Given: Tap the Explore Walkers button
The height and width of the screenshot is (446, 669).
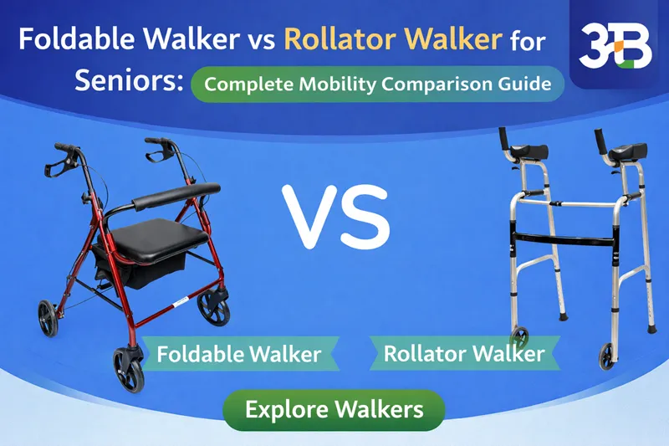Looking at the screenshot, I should [334, 410].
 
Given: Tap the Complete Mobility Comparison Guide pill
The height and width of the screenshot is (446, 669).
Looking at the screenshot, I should [377, 85].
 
